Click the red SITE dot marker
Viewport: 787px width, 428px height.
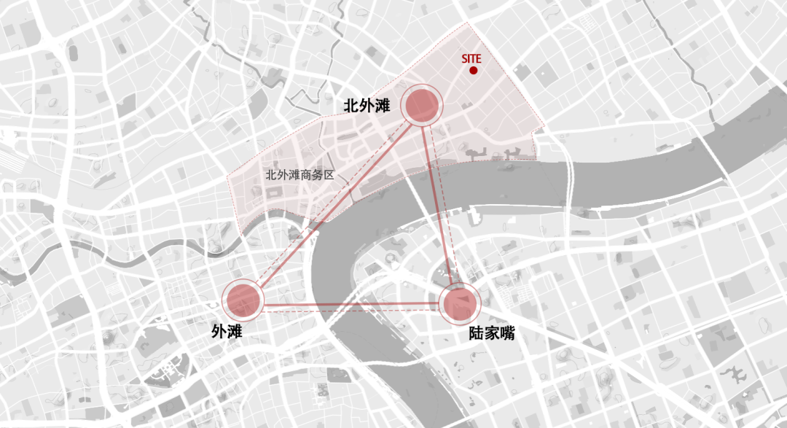coord(474,71)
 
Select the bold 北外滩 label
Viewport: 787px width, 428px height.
coord(367,106)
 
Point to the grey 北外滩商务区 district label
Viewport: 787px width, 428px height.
coord(299,175)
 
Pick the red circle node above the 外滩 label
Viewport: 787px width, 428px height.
coord(243,300)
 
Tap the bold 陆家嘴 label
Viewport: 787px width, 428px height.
coord(491,335)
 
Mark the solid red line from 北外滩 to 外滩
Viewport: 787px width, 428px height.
coord(335,201)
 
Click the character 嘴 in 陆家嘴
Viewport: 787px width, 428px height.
coord(507,335)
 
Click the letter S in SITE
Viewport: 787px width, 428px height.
coord(464,58)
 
